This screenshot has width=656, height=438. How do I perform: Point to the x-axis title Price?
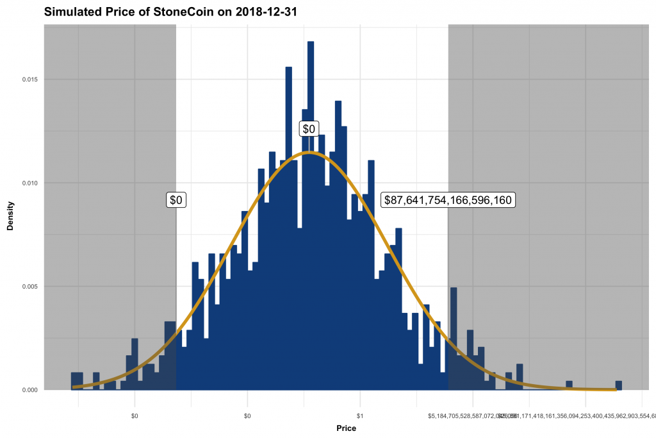tap(347, 428)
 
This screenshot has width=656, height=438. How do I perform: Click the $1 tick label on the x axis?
tap(360, 416)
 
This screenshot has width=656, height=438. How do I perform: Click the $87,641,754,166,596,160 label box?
tap(448, 200)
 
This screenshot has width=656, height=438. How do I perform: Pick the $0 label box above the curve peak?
tap(309, 130)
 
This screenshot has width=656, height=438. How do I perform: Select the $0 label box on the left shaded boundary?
tap(176, 200)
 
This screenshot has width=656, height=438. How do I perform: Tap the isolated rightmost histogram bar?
tap(619, 385)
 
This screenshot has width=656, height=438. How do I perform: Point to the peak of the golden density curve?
tap(309, 153)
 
